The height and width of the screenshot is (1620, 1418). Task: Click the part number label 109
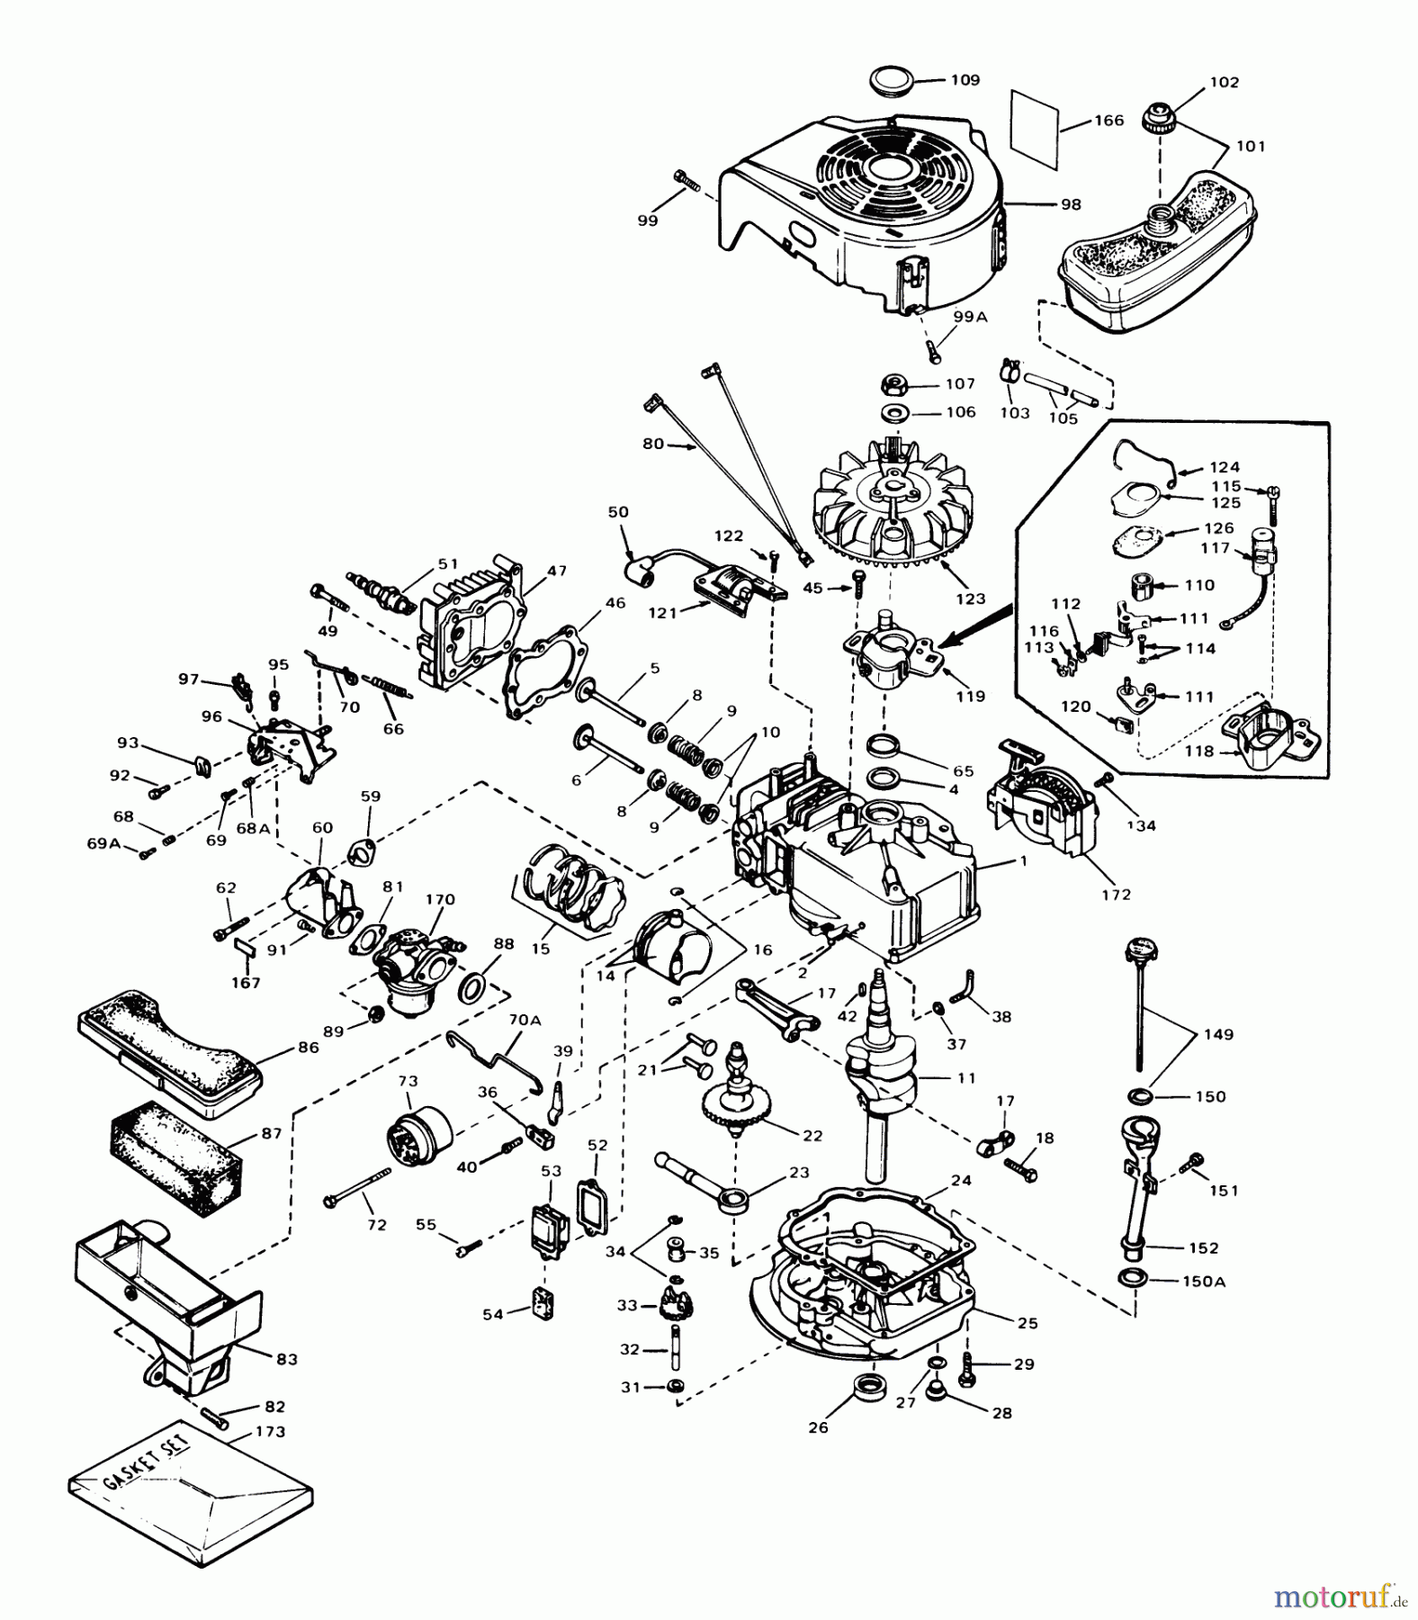965,80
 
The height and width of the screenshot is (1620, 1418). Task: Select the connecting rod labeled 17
776,1006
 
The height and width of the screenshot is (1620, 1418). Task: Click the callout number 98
1071,204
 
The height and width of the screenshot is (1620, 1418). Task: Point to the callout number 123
971,598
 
